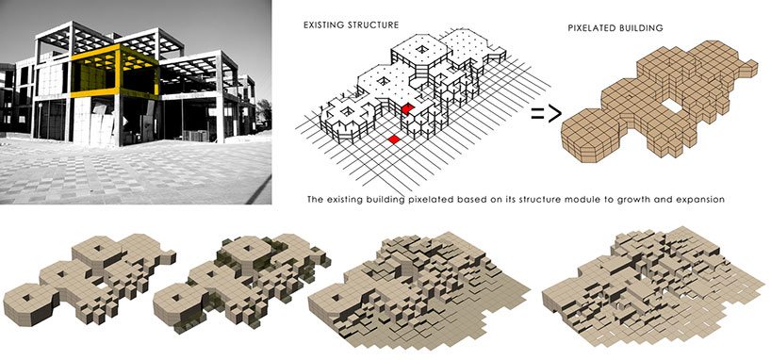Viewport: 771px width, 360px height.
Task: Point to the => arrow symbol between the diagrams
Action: pyautogui.click(x=544, y=115)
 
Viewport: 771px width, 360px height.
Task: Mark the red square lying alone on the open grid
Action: pyautogui.click(x=394, y=139)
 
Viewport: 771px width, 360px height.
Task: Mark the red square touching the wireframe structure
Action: pyautogui.click(x=407, y=110)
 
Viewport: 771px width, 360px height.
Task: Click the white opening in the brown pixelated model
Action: pyautogui.click(x=672, y=105)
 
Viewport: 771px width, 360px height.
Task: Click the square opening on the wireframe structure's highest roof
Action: pyautogui.click(x=418, y=50)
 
